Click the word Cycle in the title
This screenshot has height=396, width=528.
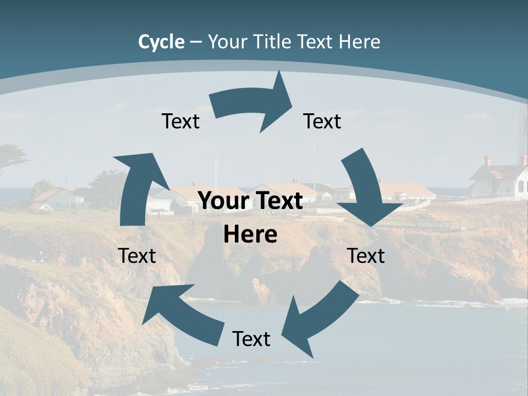point(161,42)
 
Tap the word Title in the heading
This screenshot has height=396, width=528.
point(269,42)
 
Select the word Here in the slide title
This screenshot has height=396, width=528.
point(360,42)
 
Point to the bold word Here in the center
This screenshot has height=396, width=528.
point(250,235)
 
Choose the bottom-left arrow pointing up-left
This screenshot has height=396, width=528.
point(176,313)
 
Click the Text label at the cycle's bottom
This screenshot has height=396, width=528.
point(251,339)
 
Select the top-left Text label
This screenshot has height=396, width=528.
point(180,121)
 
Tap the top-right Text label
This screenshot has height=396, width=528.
point(322,121)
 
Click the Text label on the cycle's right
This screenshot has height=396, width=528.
point(366,256)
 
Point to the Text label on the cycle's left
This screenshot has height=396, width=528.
point(137,256)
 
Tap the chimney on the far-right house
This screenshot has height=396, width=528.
point(487,160)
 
